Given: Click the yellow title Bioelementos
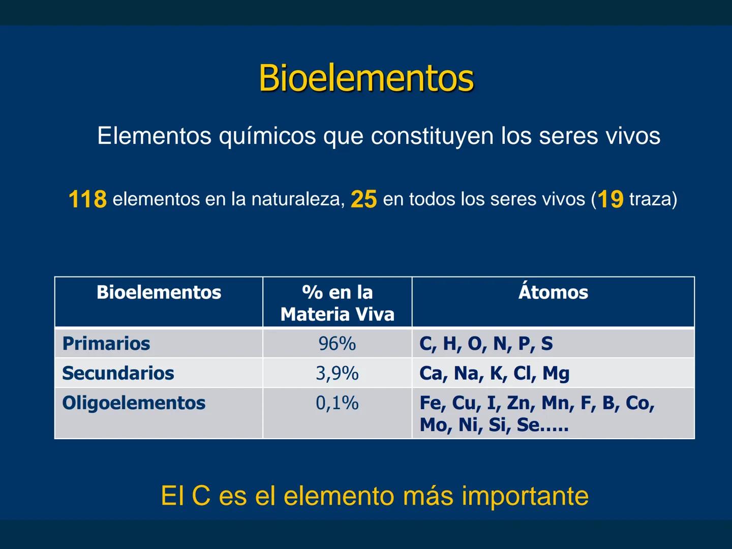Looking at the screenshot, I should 366,78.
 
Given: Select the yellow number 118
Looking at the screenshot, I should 87,199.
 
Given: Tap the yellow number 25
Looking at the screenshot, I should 363,199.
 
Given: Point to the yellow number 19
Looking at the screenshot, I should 610,199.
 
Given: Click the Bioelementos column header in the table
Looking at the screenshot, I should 159,292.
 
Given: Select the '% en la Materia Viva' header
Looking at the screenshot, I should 337,303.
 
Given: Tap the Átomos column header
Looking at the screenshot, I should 553,292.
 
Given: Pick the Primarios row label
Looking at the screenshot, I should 106,344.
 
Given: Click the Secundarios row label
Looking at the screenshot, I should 118,373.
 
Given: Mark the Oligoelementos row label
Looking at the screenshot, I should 134,403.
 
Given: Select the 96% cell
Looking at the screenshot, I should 337,344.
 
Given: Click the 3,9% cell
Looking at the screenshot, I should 337,373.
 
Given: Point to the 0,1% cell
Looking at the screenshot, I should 337,403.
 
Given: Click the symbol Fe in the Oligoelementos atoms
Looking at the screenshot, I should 431,403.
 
